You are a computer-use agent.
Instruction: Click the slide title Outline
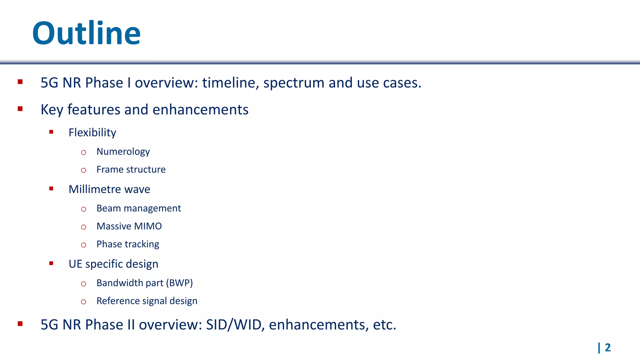click(x=86, y=33)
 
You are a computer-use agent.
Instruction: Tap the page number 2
click(x=607, y=347)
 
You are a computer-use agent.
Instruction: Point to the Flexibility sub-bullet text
click(x=92, y=133)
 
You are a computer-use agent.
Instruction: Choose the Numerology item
click(x=123, y=152)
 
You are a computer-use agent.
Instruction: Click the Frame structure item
click(x=131, y=170)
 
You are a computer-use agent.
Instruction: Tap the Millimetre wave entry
click(x=109, y=189)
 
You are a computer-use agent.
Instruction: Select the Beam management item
click(x=138, y=208)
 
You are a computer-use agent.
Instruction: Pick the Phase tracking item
click(x=128, y=244)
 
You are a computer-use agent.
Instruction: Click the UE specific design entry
click(x=113, y=264)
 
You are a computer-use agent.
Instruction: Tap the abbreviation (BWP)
click(x=179, y=283)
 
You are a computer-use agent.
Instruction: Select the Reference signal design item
click(x=147, y=301)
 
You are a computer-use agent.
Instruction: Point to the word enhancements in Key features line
click(x=200, y=110)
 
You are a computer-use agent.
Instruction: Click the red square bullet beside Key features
click(x=20, y=109)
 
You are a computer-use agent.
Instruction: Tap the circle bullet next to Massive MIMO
click(x=83, y=227)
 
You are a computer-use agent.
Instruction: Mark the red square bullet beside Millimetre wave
click(x=51, y=188)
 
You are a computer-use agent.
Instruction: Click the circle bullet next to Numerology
click(x=83, y=152)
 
